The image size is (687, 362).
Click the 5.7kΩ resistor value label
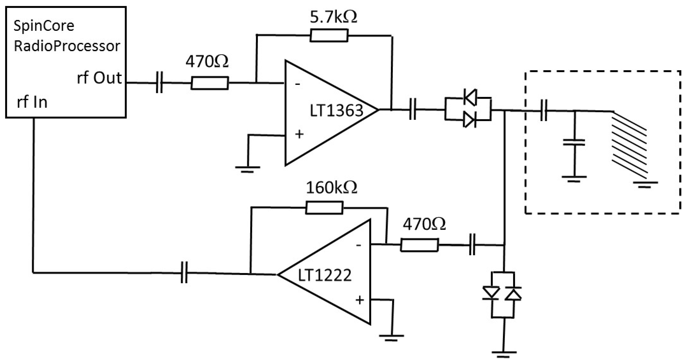coord(333,17)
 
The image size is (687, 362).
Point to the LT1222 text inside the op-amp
coord(325,275)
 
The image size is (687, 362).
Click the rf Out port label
coord(99,78)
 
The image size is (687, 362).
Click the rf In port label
coord(32,102)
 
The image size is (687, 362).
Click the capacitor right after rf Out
coord(159,82)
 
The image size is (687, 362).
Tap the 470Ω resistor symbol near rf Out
coord(210,83)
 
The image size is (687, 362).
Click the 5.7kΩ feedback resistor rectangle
coord(329,35)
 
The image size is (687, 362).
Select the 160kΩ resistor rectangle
coord(324,208)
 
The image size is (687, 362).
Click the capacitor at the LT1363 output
coord(412,109)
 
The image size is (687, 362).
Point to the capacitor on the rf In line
coord(184,272)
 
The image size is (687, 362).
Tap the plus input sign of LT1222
coord(360,300)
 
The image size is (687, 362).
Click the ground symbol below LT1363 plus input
coord(247,169)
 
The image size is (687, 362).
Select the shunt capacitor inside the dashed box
coord(574,143)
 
